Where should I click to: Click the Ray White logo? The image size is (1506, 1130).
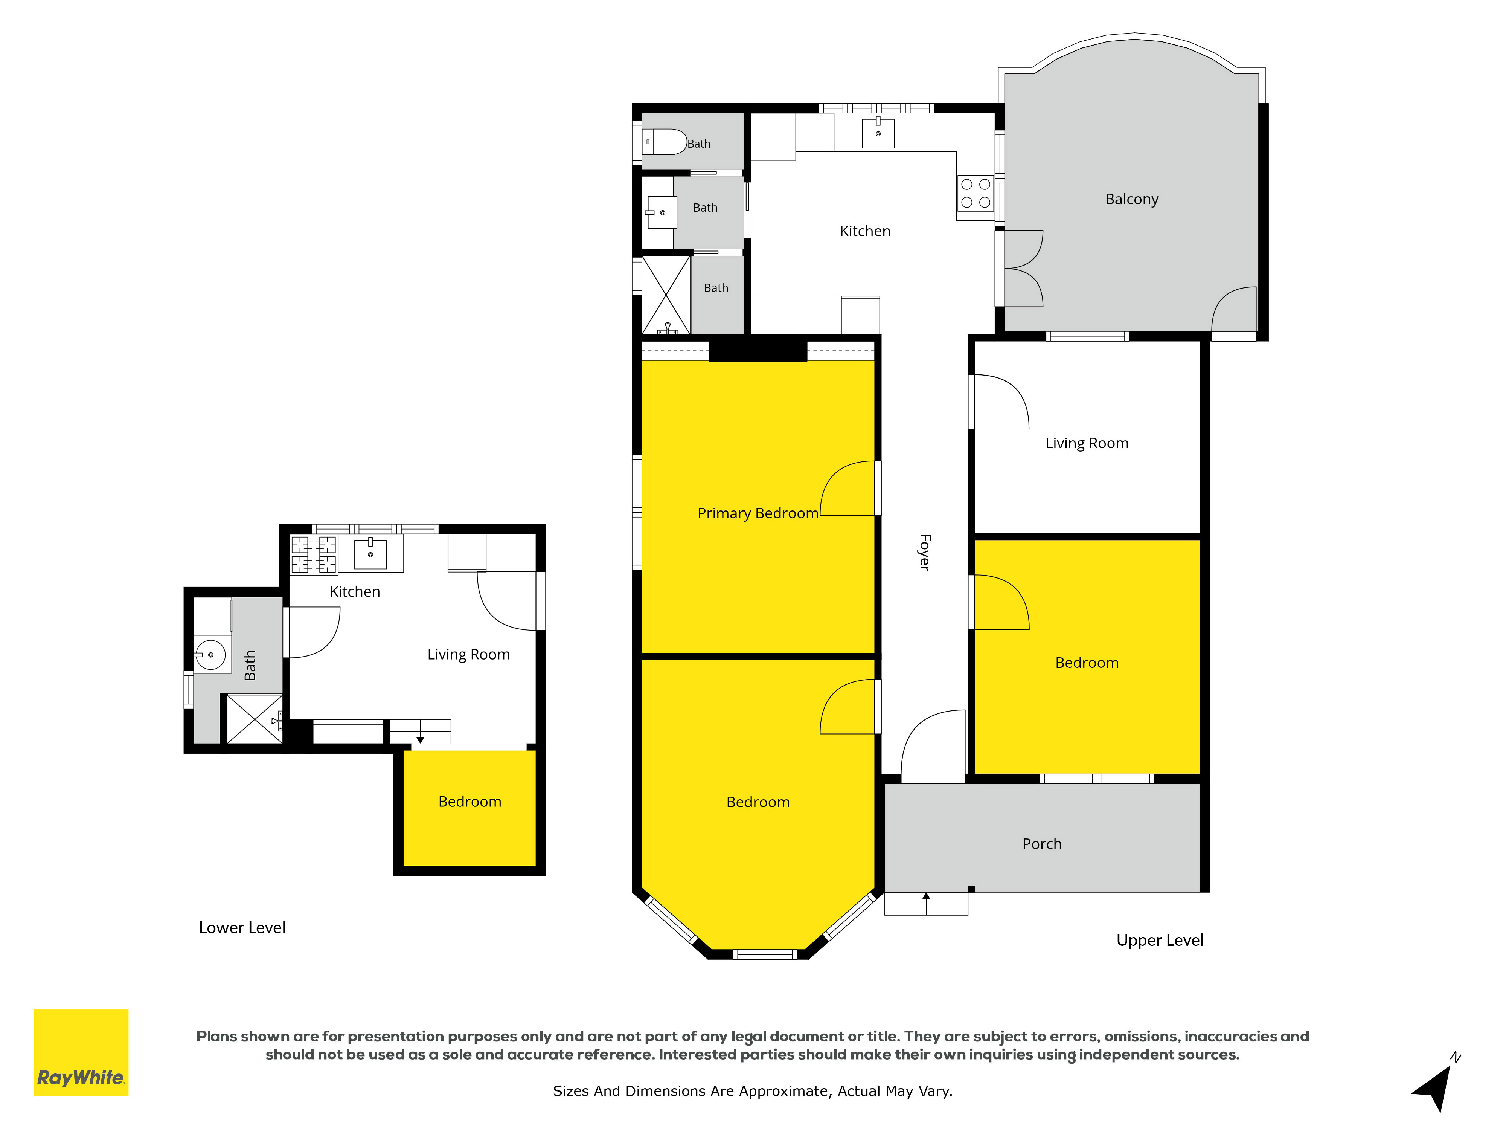pos(81,1052)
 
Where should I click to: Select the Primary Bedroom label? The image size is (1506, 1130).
pos(758,513)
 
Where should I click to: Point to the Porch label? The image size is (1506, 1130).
pos(1042,844)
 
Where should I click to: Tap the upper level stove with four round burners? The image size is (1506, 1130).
pos(976,194)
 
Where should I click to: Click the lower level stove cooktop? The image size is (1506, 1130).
pos(314,554)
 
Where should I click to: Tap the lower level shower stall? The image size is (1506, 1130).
pos(255,719)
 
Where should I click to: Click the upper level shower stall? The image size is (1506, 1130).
pos(666,295)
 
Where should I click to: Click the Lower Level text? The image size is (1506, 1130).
pos(242,928)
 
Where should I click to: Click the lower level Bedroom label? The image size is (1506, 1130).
pos(470,802)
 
